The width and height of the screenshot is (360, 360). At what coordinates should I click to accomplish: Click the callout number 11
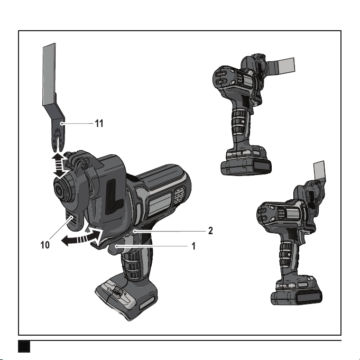(x=99, y=124)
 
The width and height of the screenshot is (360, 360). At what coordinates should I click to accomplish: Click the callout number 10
(x=45, y=245)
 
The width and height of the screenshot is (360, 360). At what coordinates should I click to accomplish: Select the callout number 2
(x=210, y=230)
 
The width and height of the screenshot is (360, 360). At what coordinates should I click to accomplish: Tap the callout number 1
(x=193, y=246)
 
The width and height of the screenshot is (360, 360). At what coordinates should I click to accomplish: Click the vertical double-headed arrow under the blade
(x=60, y=165)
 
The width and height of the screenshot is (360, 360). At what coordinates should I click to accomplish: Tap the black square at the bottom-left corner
(x=24, y=346)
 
